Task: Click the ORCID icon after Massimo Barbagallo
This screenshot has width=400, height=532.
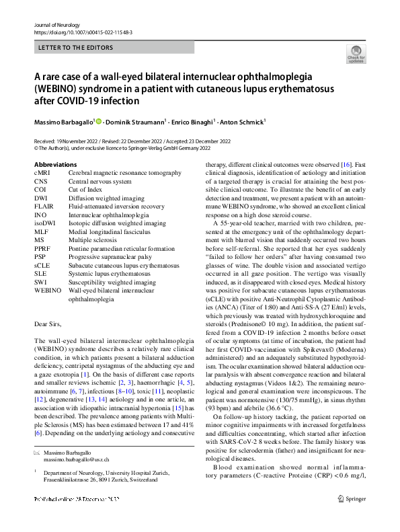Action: [98, 122]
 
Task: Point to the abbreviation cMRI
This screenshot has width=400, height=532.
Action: [42, 173]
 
